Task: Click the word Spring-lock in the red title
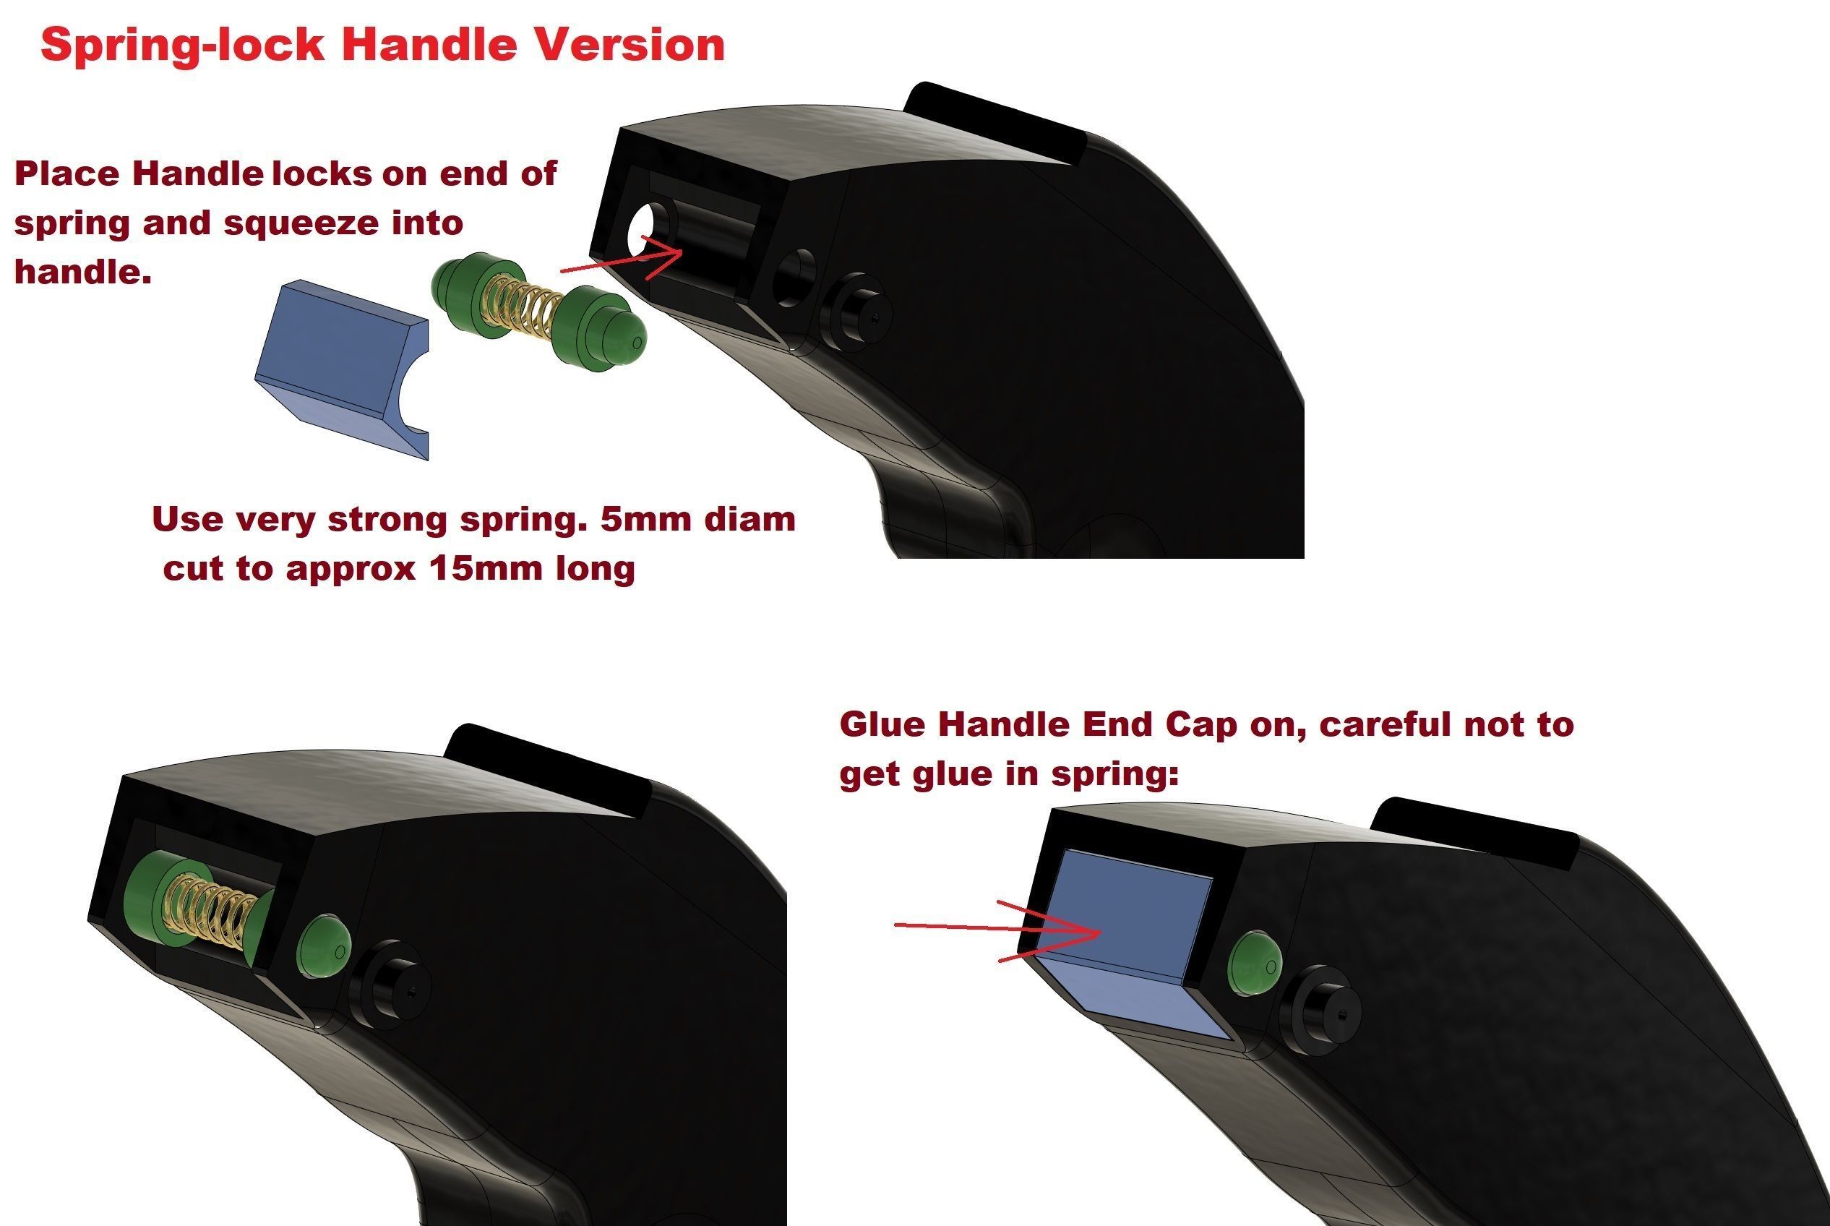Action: click(x=182, y=46)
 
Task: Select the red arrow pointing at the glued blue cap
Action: click(x=998, y=930)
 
